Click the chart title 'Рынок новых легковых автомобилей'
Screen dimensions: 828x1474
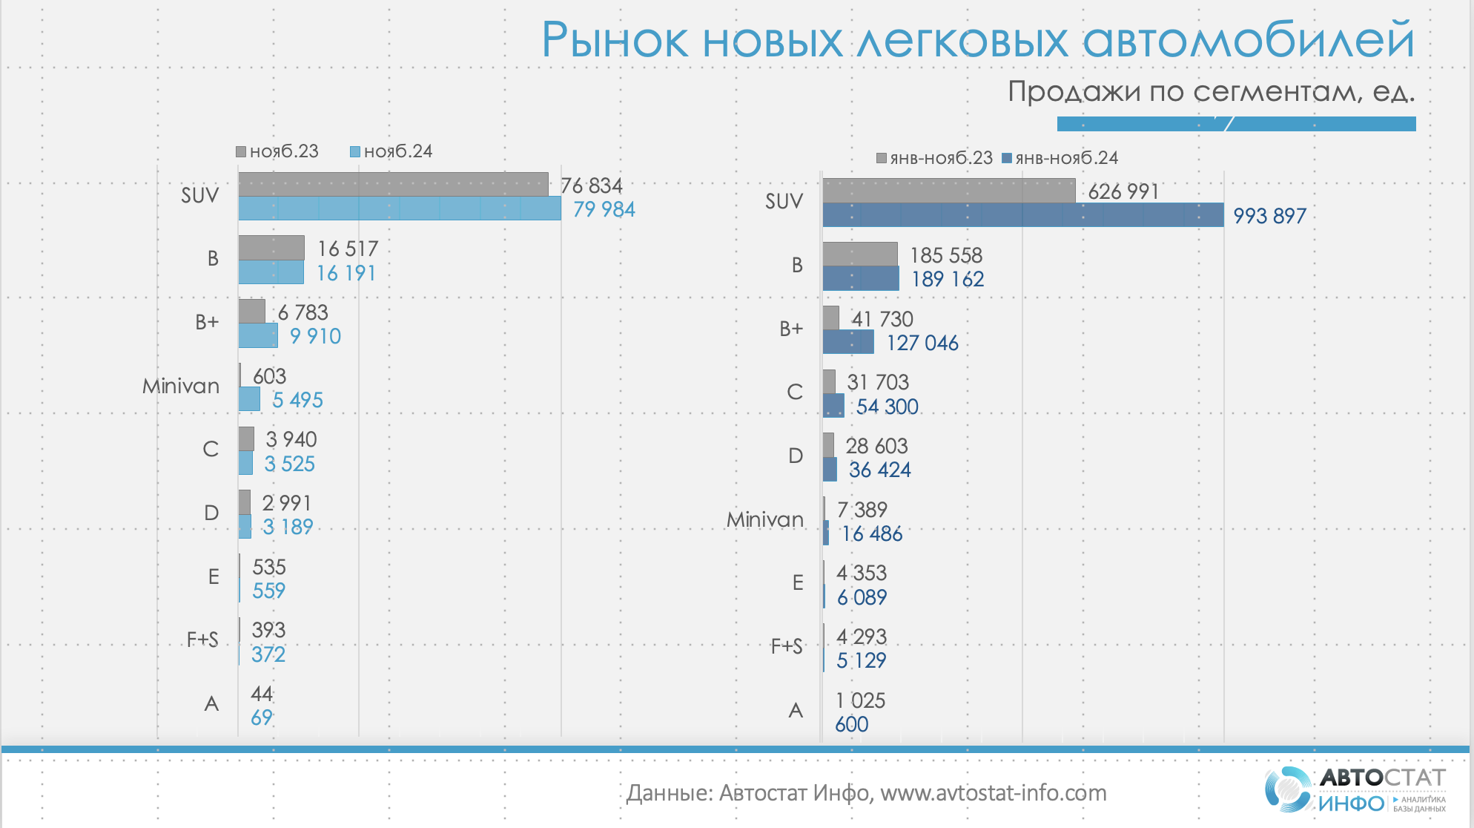point(977,40)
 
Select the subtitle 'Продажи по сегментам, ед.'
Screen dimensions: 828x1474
point(1211,92)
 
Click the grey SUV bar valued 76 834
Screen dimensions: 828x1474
point(393,184)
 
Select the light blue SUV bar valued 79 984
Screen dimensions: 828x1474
point(399,208)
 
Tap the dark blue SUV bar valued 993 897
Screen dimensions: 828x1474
point(1022,215)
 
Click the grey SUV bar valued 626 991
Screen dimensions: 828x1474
point(948,191)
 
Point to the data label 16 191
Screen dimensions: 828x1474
point(346,274)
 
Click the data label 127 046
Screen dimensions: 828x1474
point(922,343)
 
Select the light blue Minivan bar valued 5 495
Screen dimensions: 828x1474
point(249,399)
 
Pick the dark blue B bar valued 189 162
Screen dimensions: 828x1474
point(860,278)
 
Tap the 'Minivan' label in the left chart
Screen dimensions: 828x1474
point(181,386)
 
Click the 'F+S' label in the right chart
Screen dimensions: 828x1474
point(787,646)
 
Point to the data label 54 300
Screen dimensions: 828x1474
point(887,407)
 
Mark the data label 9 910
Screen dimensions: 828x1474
point(315,336)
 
